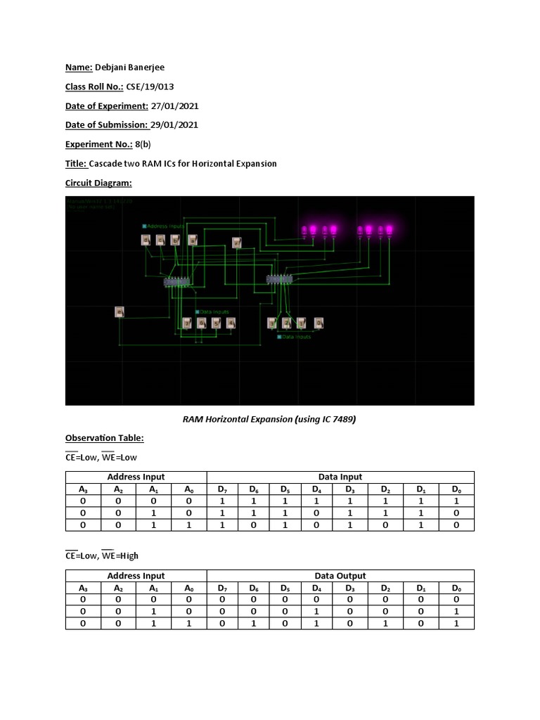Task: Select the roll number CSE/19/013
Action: point(150,86)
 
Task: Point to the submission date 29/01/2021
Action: point(174,125)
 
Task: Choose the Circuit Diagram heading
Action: point(98,183)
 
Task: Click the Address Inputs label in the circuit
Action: point(165,226)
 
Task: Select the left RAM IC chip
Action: point(177,282)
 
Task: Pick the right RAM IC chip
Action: point(279,279)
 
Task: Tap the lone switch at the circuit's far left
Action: point(120,311)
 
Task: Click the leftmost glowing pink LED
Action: point(304,230)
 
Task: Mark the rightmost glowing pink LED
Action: point(390,230)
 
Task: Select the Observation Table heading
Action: point(104,438)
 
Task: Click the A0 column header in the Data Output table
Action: point(188,587)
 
